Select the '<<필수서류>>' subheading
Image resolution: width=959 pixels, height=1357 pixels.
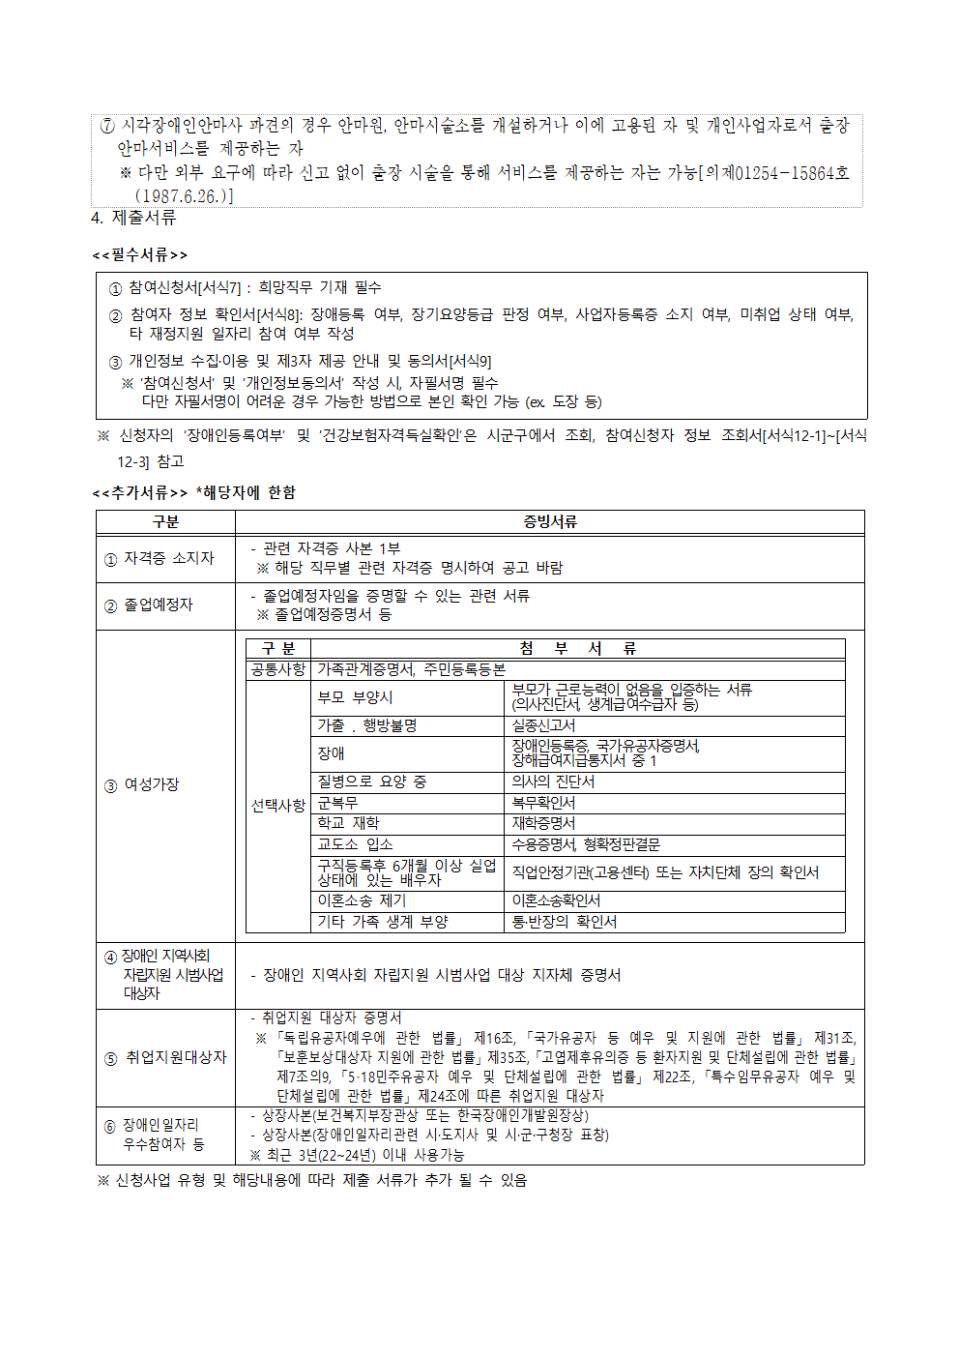[x=140, y=254]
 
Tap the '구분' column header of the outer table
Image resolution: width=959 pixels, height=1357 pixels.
[x=165, y=522]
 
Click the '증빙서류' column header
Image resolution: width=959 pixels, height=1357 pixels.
[x=549, y=522]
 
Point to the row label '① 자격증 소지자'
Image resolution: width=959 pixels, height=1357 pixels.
[x=160, y=558]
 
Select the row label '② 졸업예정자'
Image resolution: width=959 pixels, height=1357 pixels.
[x=150, y=605]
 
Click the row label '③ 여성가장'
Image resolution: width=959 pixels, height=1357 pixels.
[x=142, y=784]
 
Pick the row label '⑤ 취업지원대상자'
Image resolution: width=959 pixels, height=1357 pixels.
[x=165, y=1057]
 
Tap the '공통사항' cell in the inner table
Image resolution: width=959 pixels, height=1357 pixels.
[x=278, y=669]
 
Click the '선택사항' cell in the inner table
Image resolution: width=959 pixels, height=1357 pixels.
[x=278, y=805]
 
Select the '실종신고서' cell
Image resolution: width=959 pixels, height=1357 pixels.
[x=543, y=725]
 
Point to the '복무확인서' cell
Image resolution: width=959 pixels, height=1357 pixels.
[x=543, y=803]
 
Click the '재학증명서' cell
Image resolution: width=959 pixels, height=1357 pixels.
[x=543, y=823]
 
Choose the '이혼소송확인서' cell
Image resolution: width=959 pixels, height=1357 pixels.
[x=556, y=900]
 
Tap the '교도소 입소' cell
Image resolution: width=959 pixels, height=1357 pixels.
[x=355, y=844]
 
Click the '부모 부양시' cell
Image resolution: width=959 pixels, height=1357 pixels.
[x=355, y=696]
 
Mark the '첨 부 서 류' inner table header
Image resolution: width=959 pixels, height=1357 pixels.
[x=577, y=648]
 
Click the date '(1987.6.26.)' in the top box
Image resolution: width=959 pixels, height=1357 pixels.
[x=184, y=196]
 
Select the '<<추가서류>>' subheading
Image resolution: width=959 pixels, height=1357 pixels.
[x=140, y=492]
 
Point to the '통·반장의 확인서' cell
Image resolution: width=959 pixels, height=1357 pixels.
[x=564, y=922]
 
